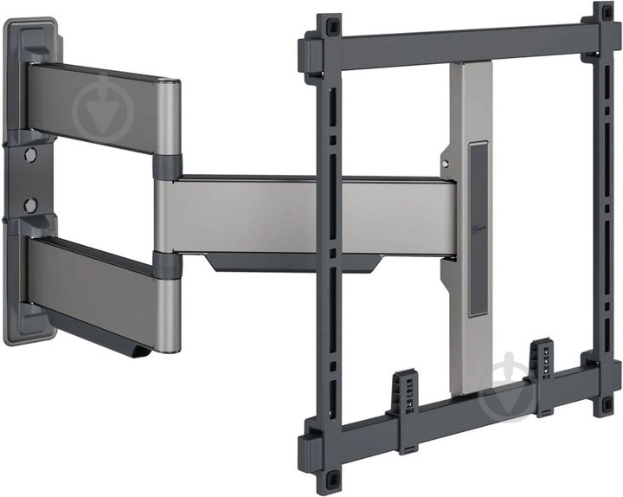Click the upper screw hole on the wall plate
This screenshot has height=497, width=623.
coord(30,156)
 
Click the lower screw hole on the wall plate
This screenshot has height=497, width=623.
coord(30,205)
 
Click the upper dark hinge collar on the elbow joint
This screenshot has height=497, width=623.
coord(168,165)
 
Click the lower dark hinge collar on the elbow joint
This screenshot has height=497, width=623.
coord(168,265)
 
